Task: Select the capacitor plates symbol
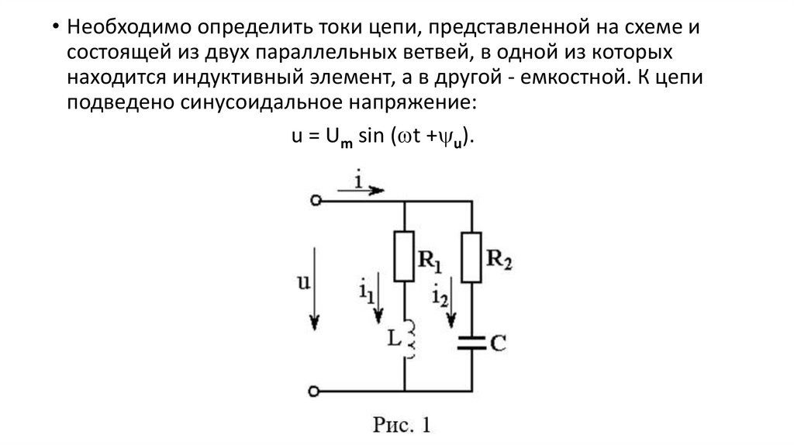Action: (x=471, y=341)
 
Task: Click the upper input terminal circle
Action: (x=315, y=200)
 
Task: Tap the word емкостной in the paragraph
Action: (x=567, y=78)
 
